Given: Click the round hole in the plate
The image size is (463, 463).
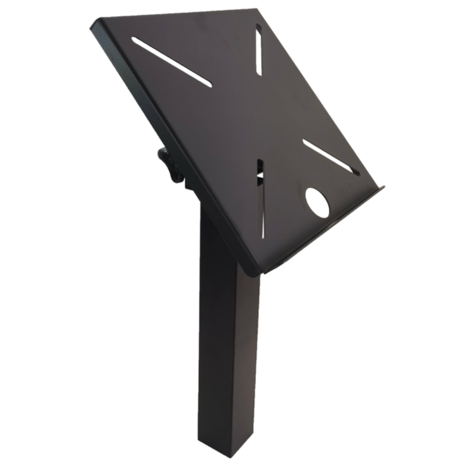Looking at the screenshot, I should (x=317, y=203).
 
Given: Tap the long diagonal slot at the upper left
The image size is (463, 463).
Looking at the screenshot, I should (x=171, y=62).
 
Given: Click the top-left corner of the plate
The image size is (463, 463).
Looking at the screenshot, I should (x=94, y=25).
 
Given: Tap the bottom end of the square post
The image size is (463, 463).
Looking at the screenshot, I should (x=228, y=449).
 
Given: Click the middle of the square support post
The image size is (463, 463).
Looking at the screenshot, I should (x=229, y=347).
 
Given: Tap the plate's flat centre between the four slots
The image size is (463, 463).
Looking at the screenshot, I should (x=239, y=116).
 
